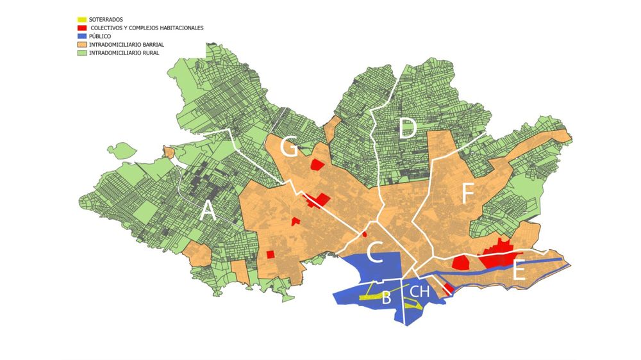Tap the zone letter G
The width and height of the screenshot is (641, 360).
289,148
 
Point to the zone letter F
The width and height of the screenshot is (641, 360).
467,194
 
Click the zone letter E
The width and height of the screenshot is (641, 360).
520,272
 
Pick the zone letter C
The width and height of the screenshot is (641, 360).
375,254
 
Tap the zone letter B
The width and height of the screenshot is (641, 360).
387,298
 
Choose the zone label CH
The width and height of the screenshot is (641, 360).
420,292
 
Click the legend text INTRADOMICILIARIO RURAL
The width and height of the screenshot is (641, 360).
124,53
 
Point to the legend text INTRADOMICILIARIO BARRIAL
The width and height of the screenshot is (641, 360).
127,45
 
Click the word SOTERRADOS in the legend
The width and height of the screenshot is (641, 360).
106,20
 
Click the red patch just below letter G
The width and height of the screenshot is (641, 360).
317,164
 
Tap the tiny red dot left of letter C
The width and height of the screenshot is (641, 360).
364,233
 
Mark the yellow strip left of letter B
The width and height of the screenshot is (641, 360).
368,297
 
